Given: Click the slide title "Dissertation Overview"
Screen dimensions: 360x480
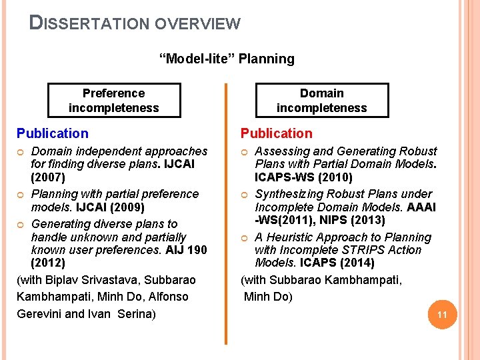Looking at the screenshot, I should click(135, 23).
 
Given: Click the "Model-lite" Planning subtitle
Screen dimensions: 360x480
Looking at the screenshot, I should click(227, 59).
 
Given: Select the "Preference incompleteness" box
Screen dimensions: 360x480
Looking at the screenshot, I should click(114, 100).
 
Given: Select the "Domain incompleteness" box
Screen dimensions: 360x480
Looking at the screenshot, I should click(321, 100).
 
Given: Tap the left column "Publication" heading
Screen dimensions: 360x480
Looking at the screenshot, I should click(52, 133).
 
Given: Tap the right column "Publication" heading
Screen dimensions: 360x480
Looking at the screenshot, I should click(276, 133).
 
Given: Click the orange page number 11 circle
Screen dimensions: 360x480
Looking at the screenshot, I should click(440, 315).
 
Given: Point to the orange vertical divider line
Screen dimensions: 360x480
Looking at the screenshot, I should click(227, 213).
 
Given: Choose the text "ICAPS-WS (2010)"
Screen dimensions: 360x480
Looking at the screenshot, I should click(303, 177).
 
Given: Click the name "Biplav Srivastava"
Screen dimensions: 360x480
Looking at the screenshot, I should click(93, 280).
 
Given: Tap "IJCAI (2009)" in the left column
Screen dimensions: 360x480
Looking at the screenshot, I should click(110, 207).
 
